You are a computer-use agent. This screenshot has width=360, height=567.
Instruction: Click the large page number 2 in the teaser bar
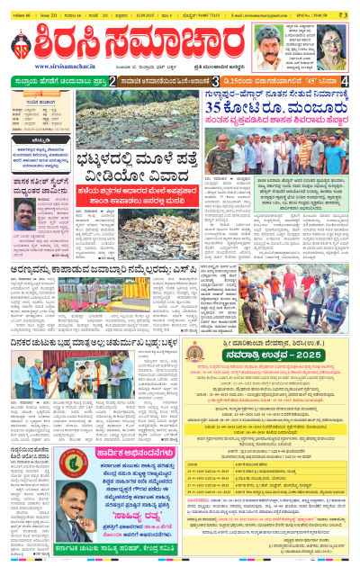(114, 81)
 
